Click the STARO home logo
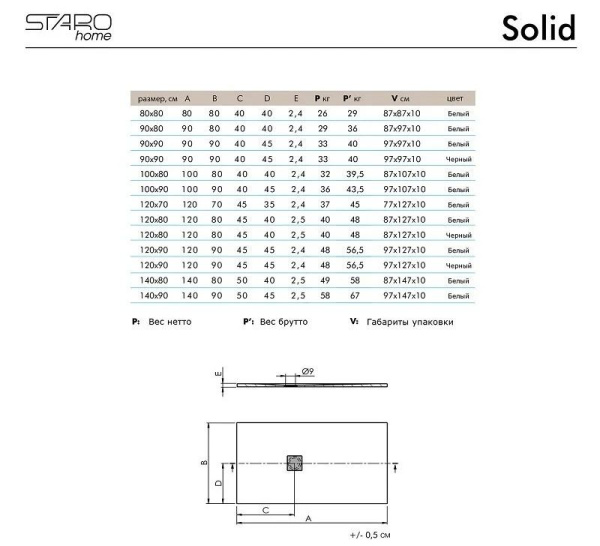[67, 26]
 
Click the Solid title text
[537, 28]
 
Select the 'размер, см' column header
[155, 99]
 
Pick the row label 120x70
[154, 205]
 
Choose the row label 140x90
[154, 296]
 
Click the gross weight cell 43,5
[353, 190]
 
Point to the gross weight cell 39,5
[353, 175]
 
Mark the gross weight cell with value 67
[353, 296]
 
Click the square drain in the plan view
[294, 463]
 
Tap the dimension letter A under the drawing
[308, 520]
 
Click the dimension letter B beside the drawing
[203, 463]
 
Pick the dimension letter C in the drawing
[266, 508]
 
